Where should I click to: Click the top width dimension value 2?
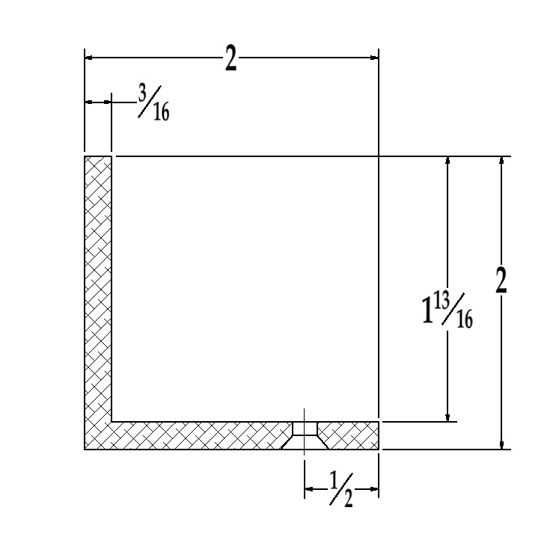pos(230,58)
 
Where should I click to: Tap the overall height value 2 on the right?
pos(501,281)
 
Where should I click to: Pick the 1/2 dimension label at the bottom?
pos(342,491)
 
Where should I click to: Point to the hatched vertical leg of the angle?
pos(98,284)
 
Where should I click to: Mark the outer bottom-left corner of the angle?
pos(85,449)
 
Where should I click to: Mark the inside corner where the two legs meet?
pos(111,422)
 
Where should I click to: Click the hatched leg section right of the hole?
pos(350,435)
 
